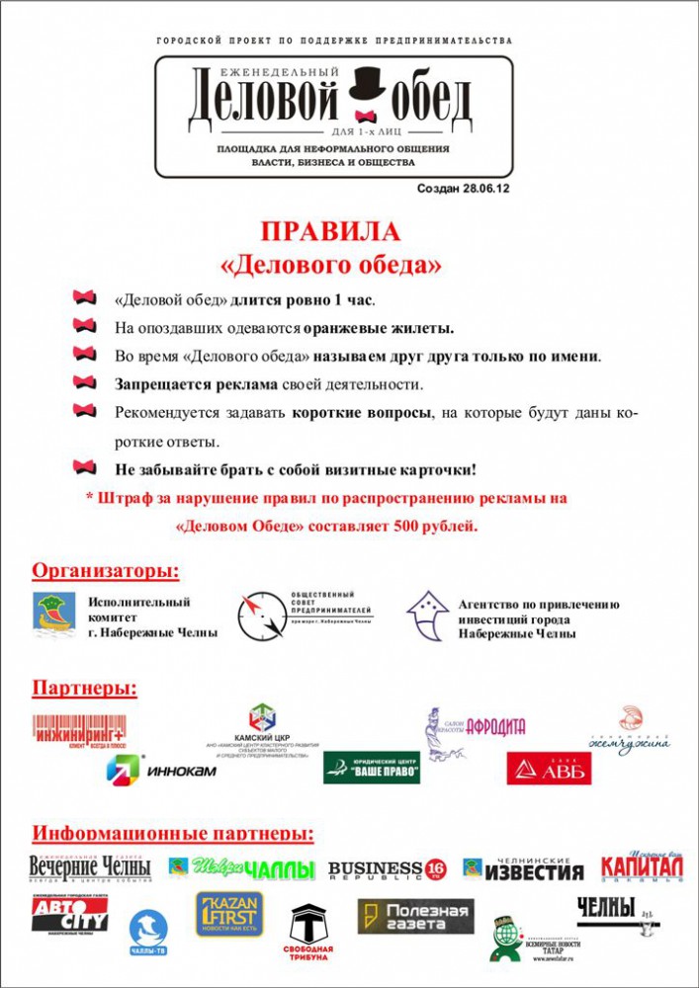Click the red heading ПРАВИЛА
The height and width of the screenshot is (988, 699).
(x=330, y=232)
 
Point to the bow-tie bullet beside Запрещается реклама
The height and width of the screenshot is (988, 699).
(x=86, y=383)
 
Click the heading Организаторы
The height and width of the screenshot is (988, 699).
(x=107, y=571)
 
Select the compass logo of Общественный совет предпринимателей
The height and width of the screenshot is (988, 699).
(x=256, y=614)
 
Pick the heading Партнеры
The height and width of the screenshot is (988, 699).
(x=85, y=688)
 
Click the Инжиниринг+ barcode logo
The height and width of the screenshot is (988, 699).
(x=79, y=732)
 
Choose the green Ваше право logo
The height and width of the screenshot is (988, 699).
(x=372, y=767)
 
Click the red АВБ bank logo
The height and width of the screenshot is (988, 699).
(x=549, y=768)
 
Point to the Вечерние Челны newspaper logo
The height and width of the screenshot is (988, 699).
(x=90, y=867)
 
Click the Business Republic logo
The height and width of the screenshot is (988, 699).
(x=387, y=869)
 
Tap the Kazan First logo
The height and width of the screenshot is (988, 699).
(x=229, y=914)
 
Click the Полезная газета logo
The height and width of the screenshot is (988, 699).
(x=415, y=915)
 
